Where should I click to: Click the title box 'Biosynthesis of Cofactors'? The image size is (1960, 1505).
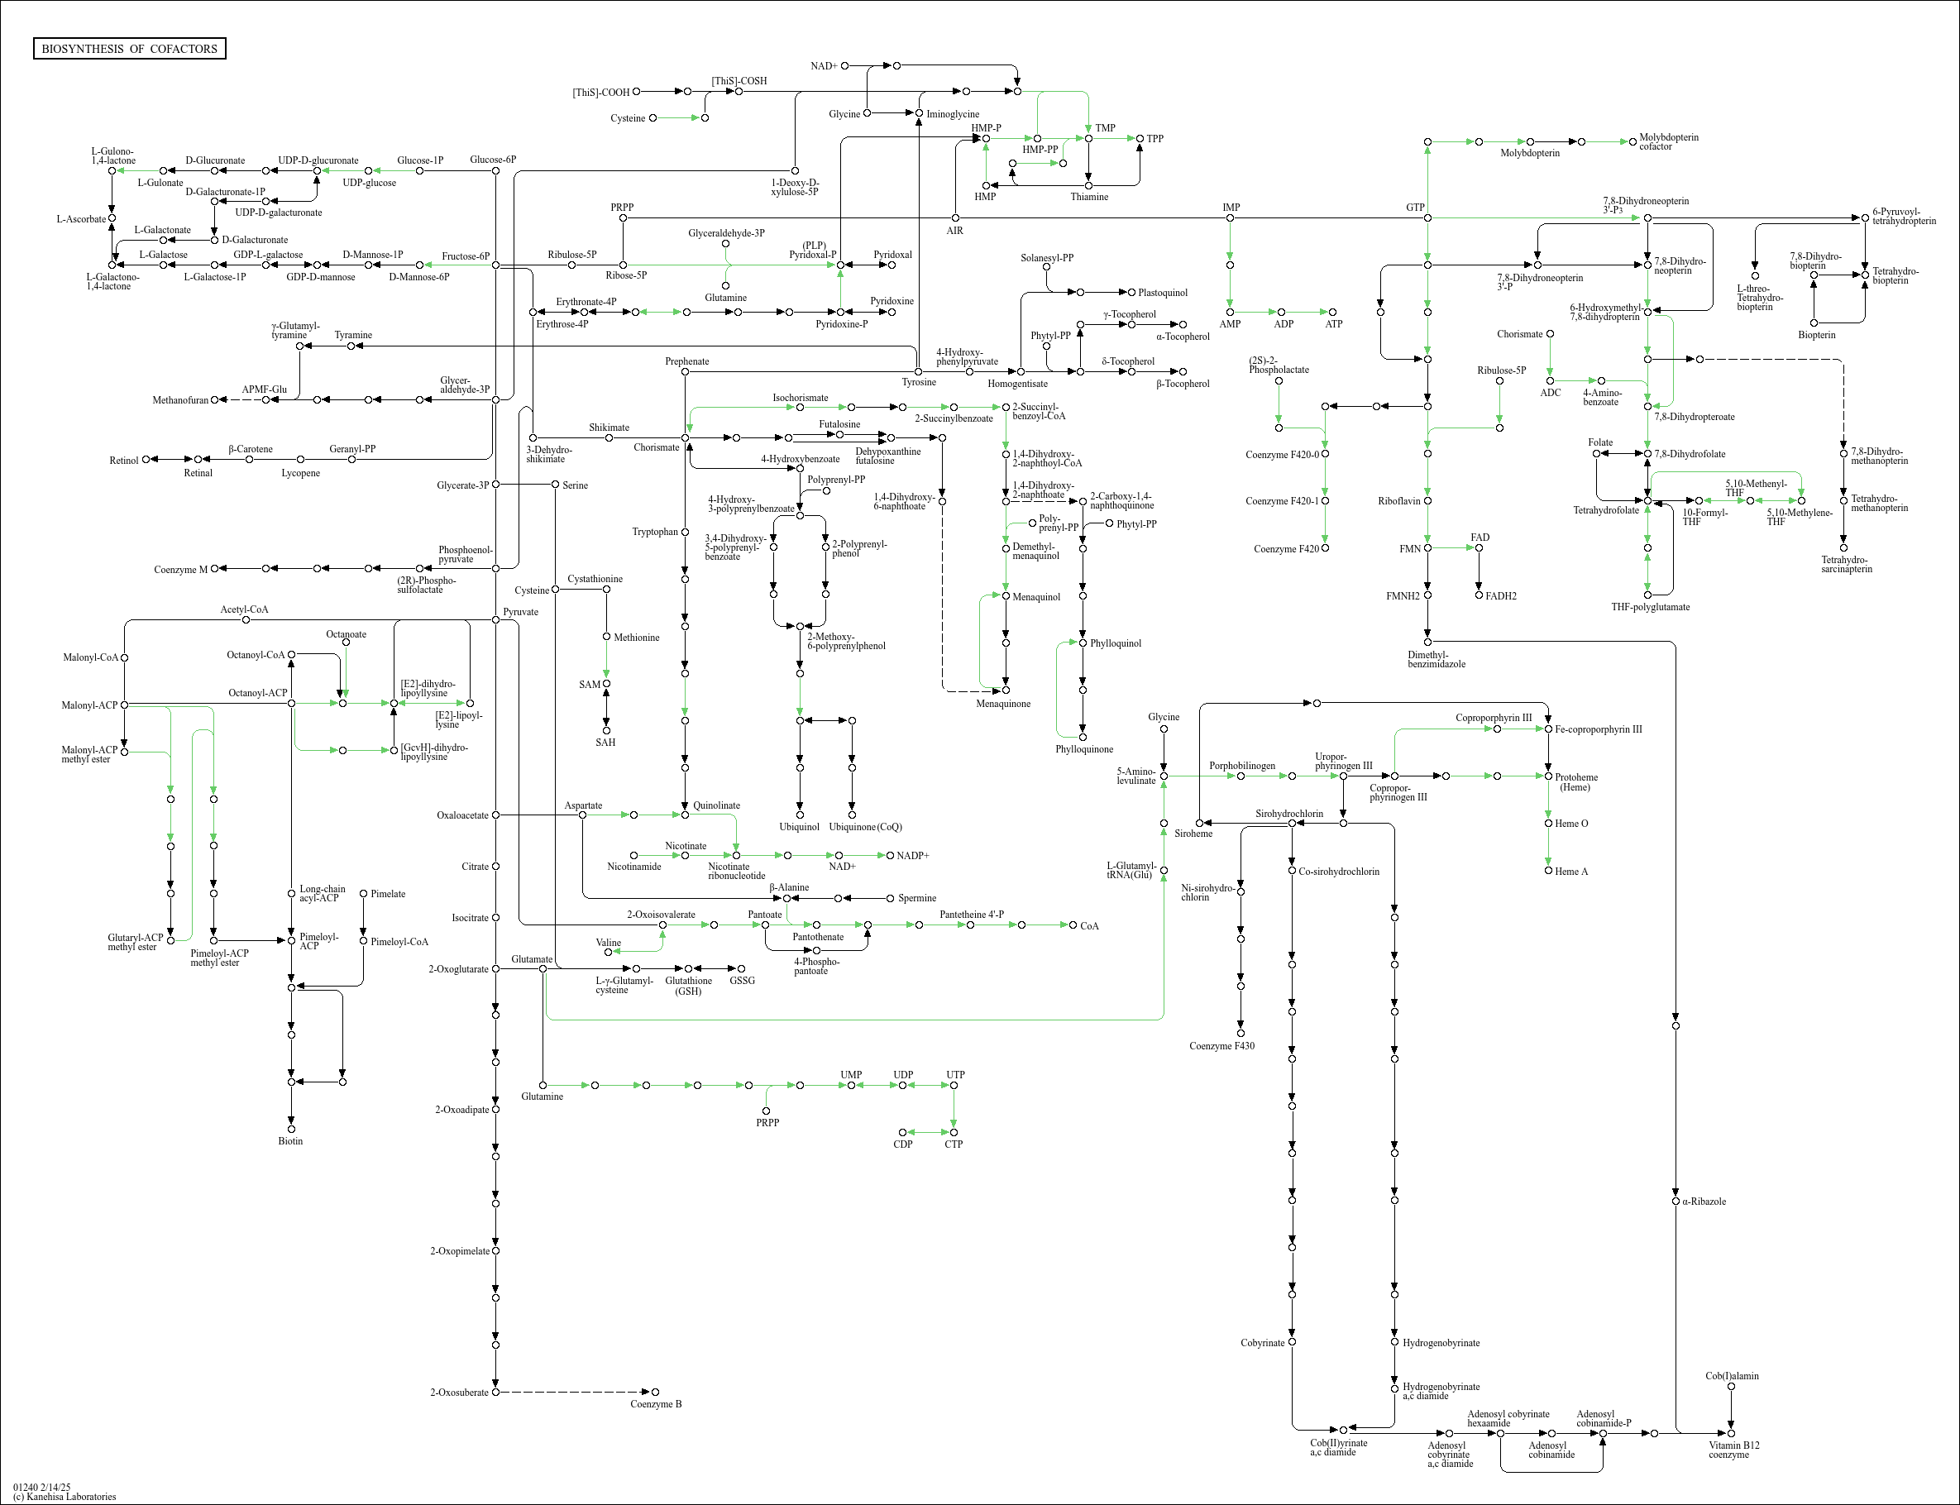tap(129, 48)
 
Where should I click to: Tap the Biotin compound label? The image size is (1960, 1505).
tap(290, 1141)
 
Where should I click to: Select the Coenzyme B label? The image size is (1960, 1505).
tap(656, 1404)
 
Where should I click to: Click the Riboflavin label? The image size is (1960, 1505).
tap(1398, 501)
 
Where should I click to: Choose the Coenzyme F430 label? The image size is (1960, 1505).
tap(1221, 1045)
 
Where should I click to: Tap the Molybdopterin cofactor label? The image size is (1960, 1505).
tap(1668, 141)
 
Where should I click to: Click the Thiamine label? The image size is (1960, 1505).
tap(1088, 197)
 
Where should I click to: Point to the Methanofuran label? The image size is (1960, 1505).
tap(180, 400)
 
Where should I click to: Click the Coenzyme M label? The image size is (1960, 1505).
tap(180, 570)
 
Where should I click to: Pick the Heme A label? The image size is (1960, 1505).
tap(1571, 872)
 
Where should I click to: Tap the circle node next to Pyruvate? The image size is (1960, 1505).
tap(495, 620)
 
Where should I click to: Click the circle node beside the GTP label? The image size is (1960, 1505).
tap(1427, 217)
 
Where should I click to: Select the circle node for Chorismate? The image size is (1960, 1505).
tap(686, 438)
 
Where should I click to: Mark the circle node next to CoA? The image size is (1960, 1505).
tap(1073, 924)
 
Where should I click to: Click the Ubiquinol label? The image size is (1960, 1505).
tap(799, 827)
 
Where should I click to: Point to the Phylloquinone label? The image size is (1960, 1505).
tap(1084, 749)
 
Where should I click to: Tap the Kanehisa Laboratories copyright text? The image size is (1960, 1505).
tap(65, 1496)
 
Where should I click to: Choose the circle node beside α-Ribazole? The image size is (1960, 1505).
tap(1676, 1202)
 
